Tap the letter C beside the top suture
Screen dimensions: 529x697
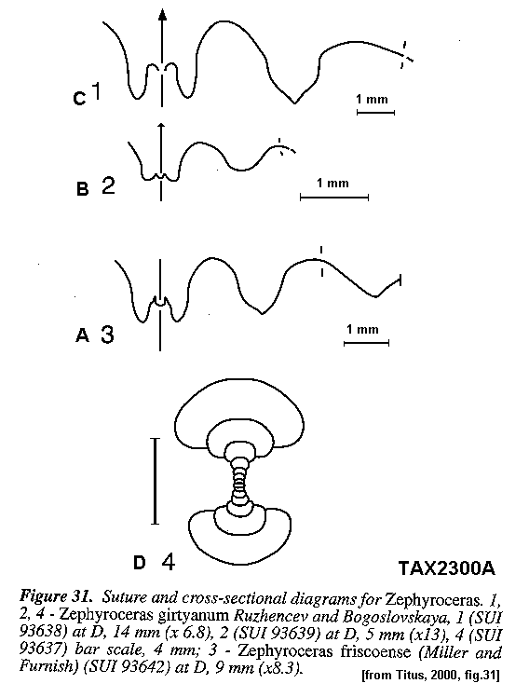79,98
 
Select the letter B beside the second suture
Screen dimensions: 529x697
83,188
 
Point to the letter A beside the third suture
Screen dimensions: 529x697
83,335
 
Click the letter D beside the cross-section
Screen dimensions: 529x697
140,563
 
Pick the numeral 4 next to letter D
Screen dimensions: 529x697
168,562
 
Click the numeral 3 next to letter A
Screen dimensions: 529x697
107,334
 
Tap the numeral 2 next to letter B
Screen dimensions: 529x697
108,185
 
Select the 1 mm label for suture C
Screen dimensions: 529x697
373,99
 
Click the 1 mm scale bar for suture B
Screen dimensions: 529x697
334,197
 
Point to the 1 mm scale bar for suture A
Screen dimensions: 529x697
366,343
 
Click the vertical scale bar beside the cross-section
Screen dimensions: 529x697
155,481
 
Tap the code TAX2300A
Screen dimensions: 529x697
446,568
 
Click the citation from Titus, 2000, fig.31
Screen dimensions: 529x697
431,676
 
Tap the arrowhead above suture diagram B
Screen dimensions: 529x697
161,127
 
